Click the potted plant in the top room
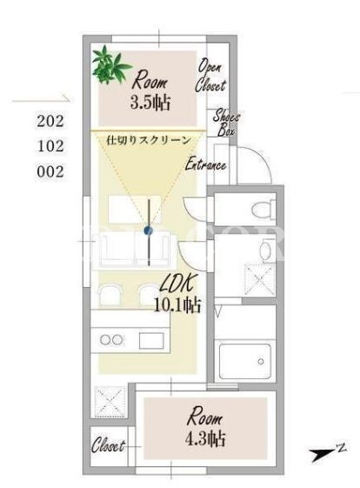point(110,65)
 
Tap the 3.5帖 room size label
point(150,102)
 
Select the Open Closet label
point(210,76)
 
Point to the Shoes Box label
point(226,123)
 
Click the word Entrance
point(206,164)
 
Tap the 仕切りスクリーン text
point(149,140)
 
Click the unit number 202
point(50,121)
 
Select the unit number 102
point(50,146)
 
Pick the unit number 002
point(50,171)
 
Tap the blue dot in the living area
point(149,231)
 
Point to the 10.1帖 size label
point(177,305)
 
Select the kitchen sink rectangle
point(151,340)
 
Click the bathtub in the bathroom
point(245,361)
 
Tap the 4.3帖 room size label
point(205,438)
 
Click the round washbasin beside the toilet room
point(265,250)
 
